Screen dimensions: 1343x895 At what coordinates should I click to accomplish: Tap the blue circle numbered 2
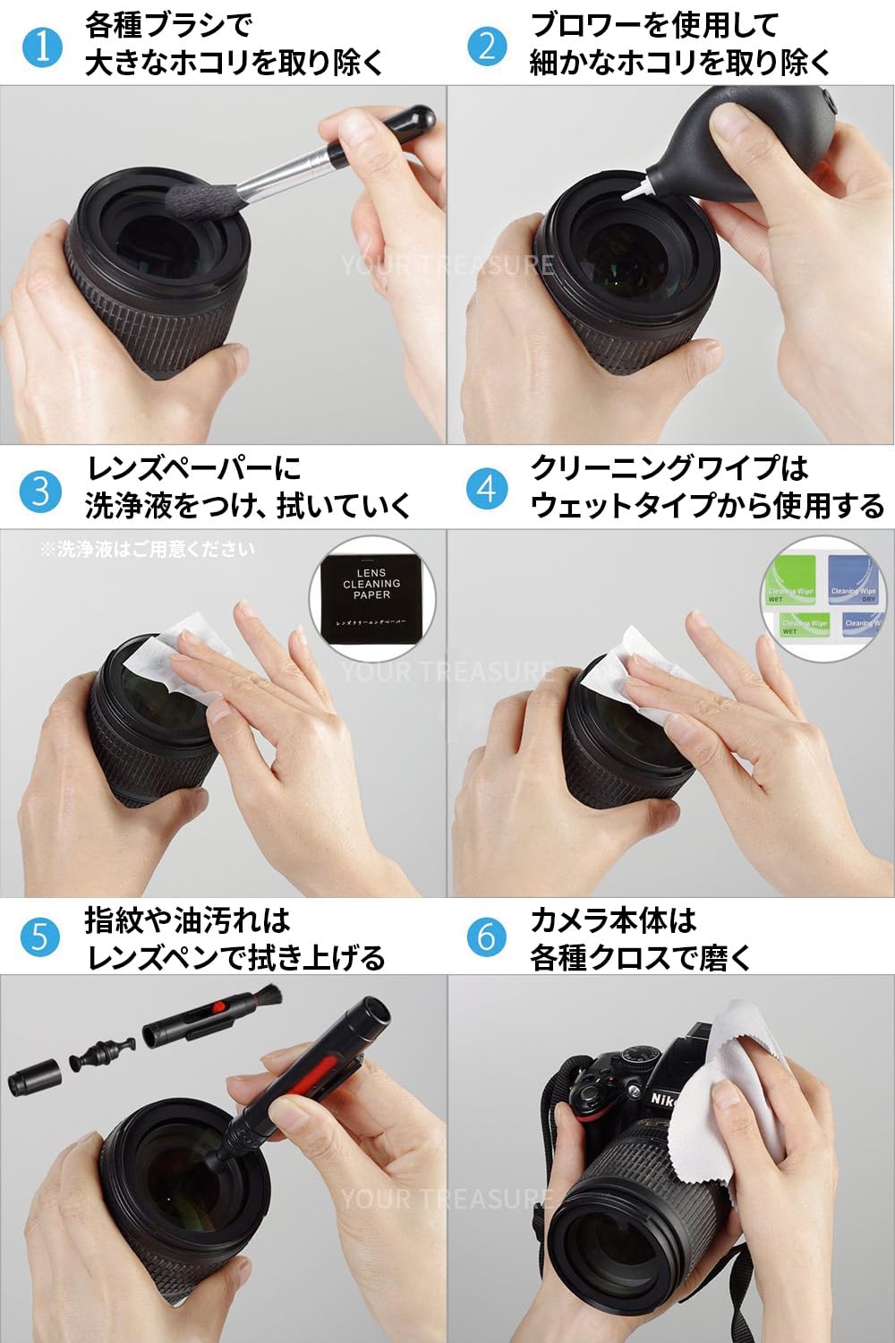487,46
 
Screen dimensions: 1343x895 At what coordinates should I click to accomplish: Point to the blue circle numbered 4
487,489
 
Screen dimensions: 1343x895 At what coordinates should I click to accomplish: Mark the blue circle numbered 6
487,937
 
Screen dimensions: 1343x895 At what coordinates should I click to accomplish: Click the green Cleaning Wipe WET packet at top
789,580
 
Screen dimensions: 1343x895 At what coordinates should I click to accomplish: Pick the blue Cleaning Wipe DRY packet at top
853,580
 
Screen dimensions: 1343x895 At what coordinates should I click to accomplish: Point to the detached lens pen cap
35,1074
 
